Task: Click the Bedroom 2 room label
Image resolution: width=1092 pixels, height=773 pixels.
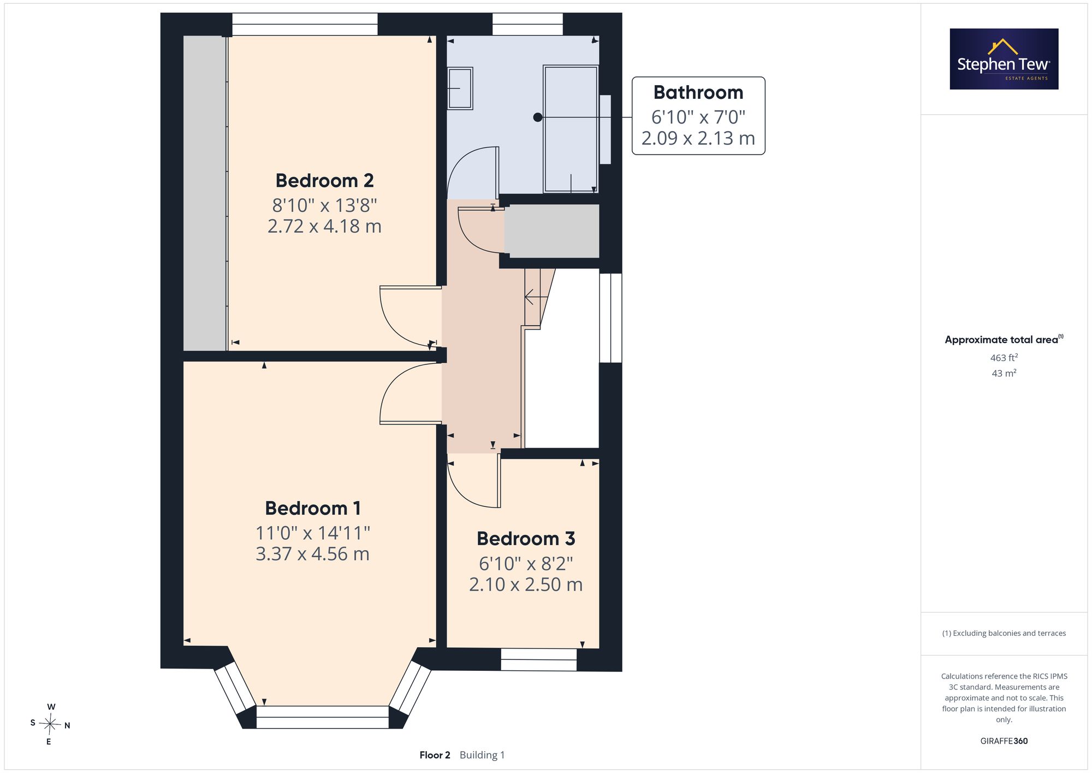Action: pyautogui.click(x=324, y=180)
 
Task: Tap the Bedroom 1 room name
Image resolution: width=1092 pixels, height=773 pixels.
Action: pyautogui.click(x=313, y=508)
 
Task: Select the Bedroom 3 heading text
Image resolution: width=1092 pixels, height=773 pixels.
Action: pyautogui.click(x=526, y=539)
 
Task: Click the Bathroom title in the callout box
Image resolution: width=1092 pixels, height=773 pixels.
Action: pyautogui.click(x=698, y=93)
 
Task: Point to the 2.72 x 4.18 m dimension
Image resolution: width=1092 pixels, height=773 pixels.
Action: pyautogui.click(x=324, y=226)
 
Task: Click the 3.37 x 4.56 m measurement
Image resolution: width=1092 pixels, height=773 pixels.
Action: pyautogui.click(x=313, y=554)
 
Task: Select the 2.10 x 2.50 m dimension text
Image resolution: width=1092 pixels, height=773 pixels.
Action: pyautogui.click(x=526, y=585)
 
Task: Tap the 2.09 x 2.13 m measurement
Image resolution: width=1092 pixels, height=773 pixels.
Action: pyautogui.click(x=698, y=138)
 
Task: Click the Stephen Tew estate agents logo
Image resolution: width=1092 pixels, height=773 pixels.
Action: pyautogui.click(x=1004, y=59)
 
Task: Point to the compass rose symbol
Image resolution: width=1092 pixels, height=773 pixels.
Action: pyautogui.click(x=50, y=724)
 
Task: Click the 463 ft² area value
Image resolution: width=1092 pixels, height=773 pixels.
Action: pyautogui.click(x=1004, y=358)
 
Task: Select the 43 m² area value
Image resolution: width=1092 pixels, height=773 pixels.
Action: pyautogui.click(x=1004, y=374)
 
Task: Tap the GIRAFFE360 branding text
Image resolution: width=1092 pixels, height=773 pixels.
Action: pyautogui.click(x=1004, y=741)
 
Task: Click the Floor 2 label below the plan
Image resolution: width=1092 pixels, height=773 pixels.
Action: pyautogui.click(x=435, y=755)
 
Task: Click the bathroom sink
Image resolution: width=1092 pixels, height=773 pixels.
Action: pyautogui.click(x=460, y=88)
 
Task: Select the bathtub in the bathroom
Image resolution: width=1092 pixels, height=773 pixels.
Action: pyautogui.click(x=571, y=129)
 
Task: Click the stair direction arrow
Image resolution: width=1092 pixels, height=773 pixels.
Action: pyautogui.click(x=537, y=297)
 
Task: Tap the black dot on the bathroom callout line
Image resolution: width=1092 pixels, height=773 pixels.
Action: pyautogui.click(x=538, y=117)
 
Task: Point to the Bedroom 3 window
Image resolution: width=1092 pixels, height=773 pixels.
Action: pyautogui.click(x=538, y=660)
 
